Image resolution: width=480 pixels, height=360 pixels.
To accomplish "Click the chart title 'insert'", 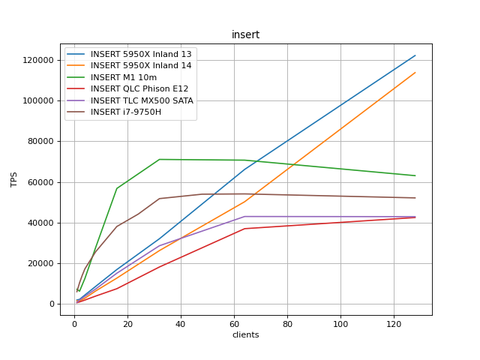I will tap(245, 34).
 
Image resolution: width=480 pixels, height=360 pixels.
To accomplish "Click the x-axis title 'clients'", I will tap(245, 334).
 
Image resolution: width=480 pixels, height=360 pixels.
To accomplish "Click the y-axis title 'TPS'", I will tap(14, 179).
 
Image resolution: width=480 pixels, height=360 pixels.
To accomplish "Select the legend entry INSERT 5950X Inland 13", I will tap(141, 54).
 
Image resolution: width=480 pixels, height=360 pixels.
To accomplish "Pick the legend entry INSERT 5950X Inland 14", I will tap(141, 66).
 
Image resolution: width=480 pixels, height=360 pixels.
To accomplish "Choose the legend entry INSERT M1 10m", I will tap(124, 77).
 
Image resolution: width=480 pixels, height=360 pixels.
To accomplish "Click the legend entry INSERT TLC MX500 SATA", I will tap(142, 100).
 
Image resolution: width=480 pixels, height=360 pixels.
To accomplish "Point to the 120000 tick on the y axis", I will tap(37, 60).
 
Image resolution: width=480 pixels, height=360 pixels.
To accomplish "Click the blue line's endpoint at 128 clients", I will tap(415, 55).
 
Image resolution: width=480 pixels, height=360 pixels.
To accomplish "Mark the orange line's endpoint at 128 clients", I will tap(415, 73).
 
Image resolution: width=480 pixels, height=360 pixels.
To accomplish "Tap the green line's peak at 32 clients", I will tap(160, 159).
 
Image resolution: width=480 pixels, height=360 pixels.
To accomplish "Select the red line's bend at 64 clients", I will tap(244, 229).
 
